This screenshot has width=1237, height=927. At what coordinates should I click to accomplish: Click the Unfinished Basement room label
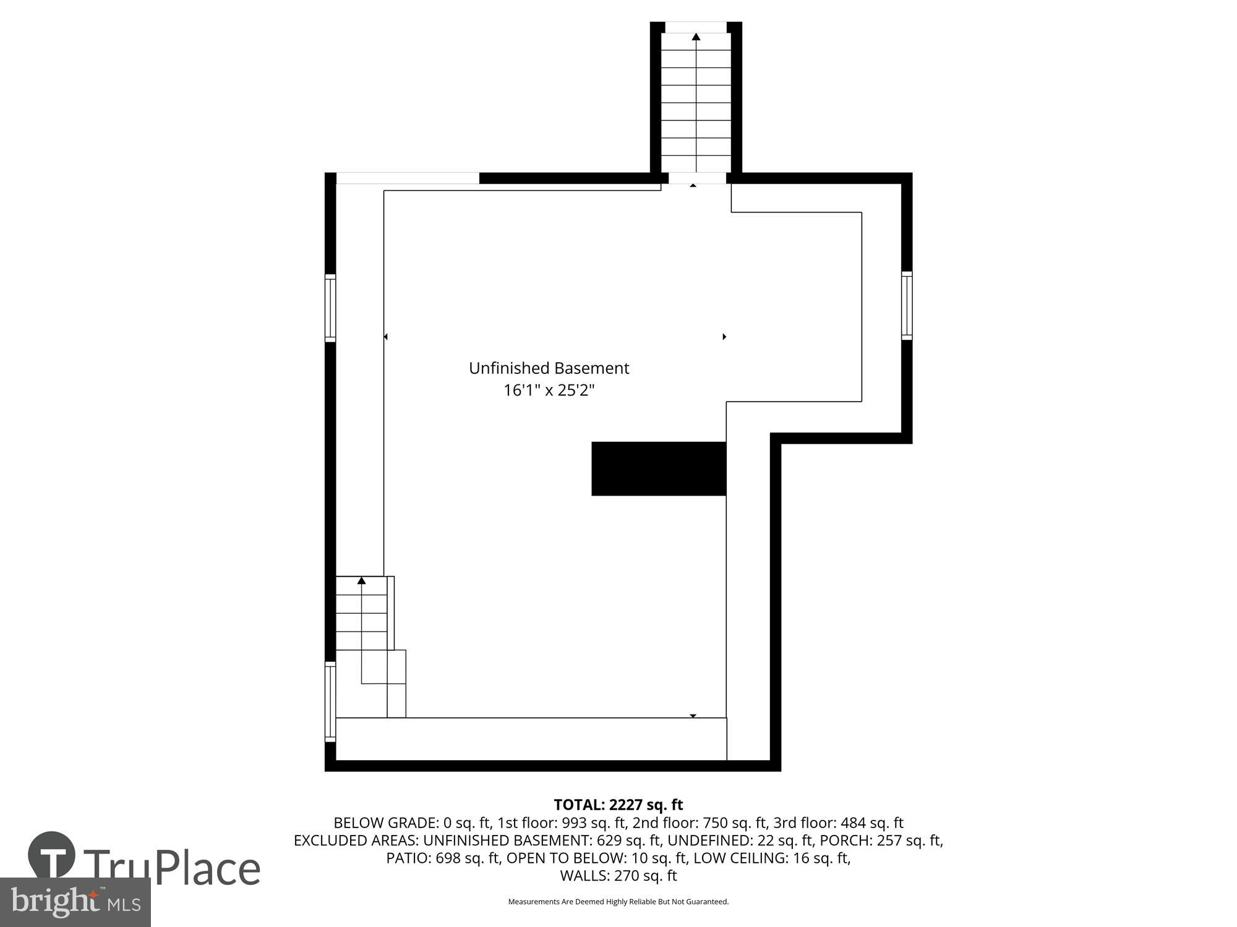point(549,368)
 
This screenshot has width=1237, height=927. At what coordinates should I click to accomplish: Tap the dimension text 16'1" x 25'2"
point(549,391)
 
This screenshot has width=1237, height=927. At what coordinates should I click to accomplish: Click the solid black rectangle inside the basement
point(659,468)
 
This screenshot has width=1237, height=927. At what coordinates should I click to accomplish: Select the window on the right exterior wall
point(907,305)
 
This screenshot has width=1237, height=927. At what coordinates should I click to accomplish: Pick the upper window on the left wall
point(330,308)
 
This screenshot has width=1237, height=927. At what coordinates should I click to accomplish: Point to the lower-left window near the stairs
point(330,701)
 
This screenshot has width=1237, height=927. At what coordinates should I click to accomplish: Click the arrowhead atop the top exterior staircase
point(696,37)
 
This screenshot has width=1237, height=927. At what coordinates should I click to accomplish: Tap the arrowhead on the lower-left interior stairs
point(362,580)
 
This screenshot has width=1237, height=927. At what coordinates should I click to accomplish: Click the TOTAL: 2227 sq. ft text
point(618,805)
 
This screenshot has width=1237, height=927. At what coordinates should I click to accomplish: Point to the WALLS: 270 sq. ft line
point(618,876)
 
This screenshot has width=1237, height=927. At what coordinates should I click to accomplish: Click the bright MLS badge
point(75,903)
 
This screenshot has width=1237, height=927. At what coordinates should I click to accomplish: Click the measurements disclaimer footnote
point(618,902)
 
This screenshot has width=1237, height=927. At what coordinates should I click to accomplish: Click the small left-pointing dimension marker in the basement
point(385,337)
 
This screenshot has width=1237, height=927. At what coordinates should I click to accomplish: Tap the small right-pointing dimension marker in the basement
point(724,337)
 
